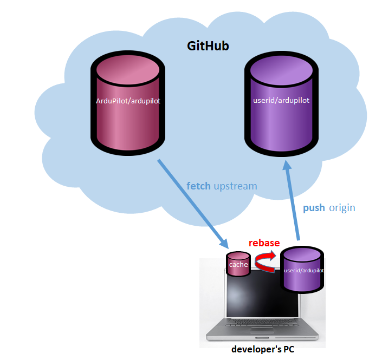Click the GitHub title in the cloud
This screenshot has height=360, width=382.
(x=208, y=46)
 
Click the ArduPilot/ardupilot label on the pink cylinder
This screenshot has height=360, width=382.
(x=128, y=101)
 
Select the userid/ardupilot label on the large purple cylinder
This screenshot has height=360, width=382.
(x=281, y=100)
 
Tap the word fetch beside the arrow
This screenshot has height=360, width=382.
(x=199, y=186)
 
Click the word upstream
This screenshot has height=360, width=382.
(x=235, y=186)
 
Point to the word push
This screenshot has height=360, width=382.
(x=314, y=208)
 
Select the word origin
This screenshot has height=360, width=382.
(x=342, y=208)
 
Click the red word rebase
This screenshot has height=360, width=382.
(x=264, y=243)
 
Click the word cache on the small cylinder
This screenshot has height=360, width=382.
(x=238, y=265)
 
